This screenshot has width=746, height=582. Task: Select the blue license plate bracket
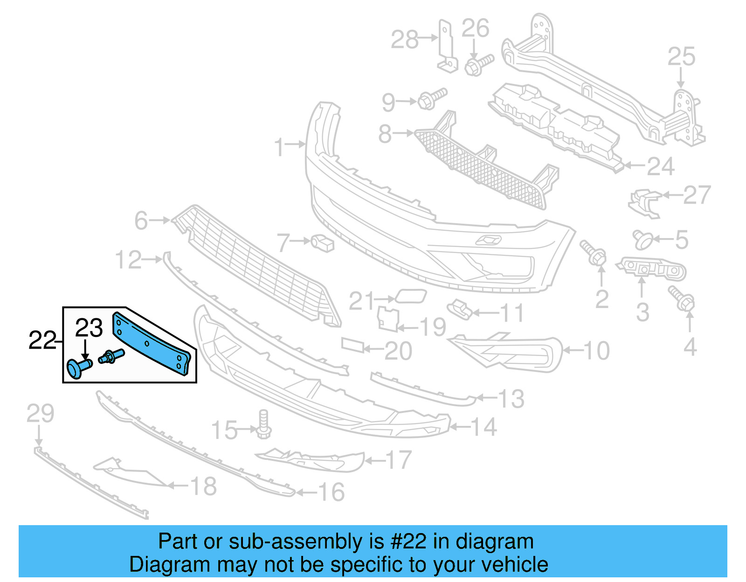[152, 343]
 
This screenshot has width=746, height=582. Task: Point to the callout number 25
[681, 57]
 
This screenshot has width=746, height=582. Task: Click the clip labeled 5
[642, 240]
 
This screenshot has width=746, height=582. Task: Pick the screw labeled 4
[682, 298]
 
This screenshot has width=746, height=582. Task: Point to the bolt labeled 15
[263, 424]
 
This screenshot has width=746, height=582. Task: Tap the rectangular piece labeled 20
[352, 345]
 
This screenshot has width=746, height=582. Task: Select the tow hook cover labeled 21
[411, 296]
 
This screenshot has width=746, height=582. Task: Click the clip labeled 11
[459, 309]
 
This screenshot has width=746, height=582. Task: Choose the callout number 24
[661, 166]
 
